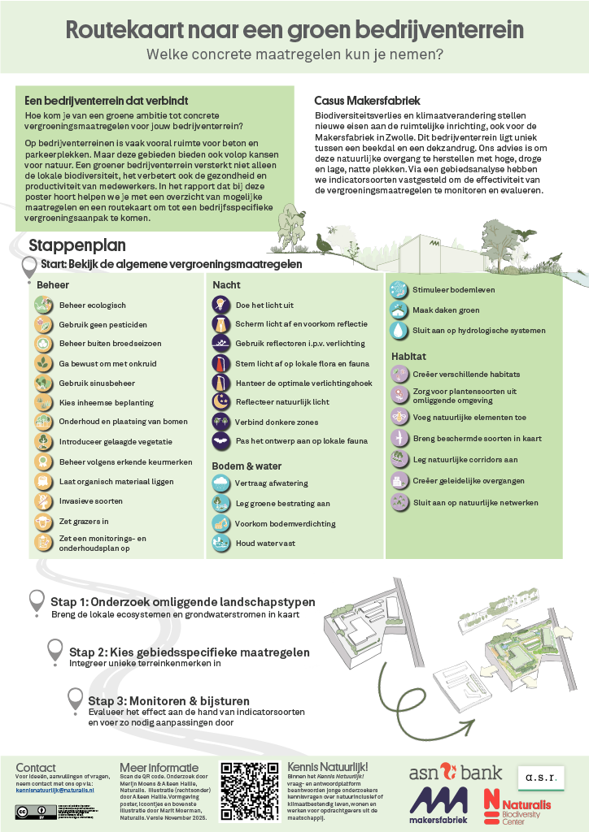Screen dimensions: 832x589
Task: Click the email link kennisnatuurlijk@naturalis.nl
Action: coord(55,789)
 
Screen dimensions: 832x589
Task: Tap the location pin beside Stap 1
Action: coord(37,602)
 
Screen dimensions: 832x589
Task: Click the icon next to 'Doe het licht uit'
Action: coord(220,305)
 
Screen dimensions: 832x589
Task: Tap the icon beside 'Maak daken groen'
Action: coord(399,310)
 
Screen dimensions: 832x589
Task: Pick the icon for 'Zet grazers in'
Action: coord(43,522)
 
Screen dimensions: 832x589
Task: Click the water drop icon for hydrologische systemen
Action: coord(399,331)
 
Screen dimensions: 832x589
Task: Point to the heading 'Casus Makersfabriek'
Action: coord(367,101)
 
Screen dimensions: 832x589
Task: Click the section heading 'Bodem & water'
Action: coord(247,466)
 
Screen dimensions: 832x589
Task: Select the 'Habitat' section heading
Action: coord(409,356)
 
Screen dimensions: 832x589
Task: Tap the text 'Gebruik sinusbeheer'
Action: coord(97,383)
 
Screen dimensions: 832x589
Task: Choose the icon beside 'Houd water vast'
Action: coord(220,544)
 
